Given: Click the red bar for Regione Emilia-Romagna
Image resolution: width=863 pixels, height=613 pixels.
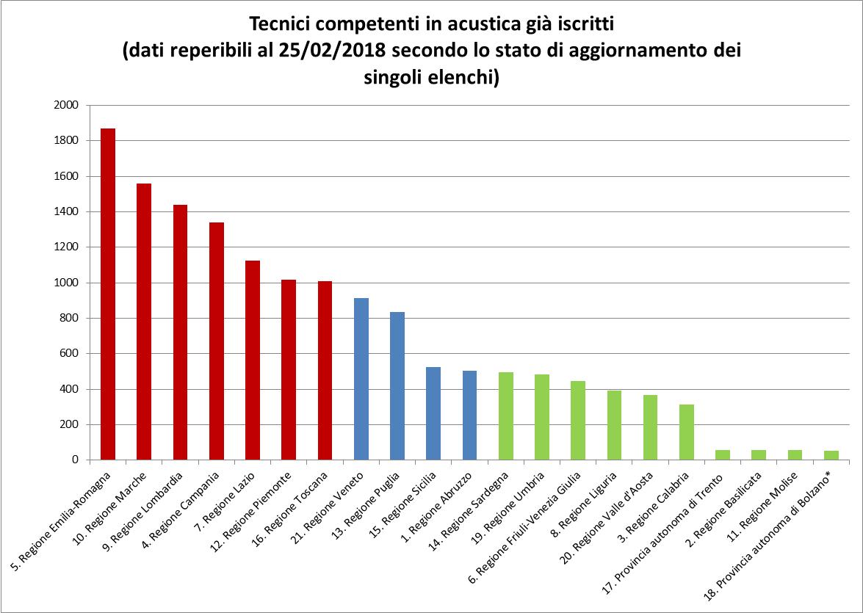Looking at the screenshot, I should click(x=108, y=294).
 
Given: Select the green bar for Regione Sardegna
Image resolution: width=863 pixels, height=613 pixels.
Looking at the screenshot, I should click(x=506, y=416).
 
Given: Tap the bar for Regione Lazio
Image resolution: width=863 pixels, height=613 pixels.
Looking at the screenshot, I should click(x=253, y=360).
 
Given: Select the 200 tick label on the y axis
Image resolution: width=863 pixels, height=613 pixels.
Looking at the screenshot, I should click(x=69, y=424).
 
